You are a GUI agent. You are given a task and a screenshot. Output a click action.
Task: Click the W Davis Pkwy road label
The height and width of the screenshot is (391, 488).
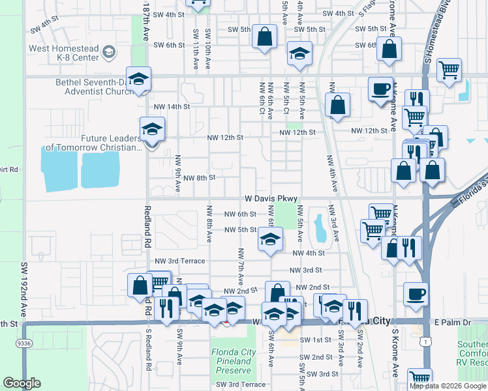[271, 198]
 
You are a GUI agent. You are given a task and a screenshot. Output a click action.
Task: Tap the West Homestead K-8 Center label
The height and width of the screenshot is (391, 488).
[66, 53]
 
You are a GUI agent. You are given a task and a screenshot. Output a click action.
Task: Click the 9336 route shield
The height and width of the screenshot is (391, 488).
[24, 343]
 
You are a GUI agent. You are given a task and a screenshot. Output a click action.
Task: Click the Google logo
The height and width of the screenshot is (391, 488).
[22, 383]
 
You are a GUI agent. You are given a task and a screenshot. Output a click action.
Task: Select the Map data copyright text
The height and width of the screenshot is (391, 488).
[447, 386]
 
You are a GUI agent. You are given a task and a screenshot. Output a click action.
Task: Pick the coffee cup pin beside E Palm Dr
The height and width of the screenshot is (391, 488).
[416, 294]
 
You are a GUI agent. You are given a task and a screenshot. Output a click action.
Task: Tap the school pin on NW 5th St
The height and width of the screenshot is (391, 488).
[270, 239]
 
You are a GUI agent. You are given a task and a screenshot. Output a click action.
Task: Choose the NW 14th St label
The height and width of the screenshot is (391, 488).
[172, 106]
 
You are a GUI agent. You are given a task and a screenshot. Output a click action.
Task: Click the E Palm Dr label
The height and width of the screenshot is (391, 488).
[452, 322]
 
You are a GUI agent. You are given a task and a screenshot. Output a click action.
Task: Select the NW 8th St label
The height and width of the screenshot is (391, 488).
[199, 178]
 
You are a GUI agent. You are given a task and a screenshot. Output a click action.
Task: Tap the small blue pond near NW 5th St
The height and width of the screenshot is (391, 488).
[320, 227]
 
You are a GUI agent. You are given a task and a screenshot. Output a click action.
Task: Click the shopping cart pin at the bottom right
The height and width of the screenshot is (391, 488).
[419, 379]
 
